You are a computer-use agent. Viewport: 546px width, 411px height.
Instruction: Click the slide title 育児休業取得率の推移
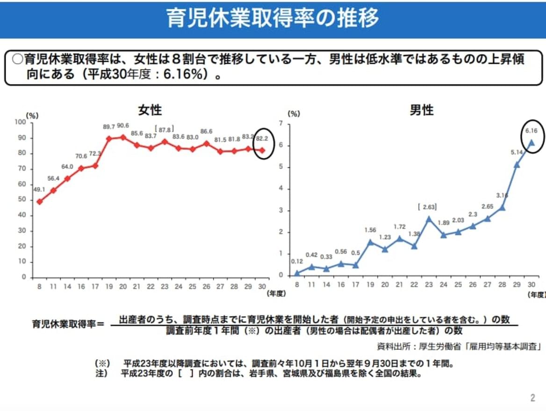point(273,18)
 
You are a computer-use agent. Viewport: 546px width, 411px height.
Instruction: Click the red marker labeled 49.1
point(39,201)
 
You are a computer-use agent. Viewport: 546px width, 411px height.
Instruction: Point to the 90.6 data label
point(123,126)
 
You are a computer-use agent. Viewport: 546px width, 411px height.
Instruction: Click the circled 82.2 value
point(263,139)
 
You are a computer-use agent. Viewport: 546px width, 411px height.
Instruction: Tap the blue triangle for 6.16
point(531,143)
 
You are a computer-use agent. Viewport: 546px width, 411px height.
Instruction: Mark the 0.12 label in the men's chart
point(296,262)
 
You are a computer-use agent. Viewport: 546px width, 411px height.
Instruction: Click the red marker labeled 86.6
point(206,143)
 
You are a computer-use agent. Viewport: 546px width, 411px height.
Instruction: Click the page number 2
point(532,398)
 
